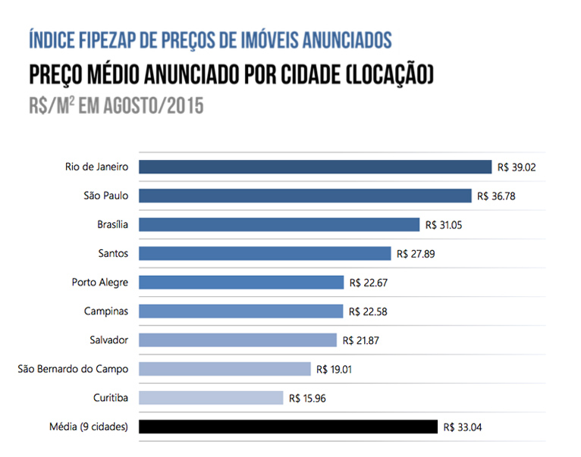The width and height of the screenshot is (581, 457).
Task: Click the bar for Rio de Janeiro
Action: point(315,167)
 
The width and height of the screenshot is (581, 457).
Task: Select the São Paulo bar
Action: point(304,196)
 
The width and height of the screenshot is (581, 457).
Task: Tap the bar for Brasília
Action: point(278,224)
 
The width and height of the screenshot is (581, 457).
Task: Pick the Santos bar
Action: point(264,253)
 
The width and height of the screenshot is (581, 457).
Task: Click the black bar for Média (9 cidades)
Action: point(287,427)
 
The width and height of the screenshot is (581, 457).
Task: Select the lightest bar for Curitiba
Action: point(210,398)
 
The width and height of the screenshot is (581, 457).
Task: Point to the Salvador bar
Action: point(237,340)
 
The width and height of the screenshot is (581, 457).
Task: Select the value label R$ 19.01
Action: point(338,369)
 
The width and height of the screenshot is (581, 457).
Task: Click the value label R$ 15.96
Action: point(309,398)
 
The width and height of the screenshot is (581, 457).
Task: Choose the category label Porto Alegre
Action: point(100,282)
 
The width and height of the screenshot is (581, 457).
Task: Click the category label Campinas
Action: point(106,311)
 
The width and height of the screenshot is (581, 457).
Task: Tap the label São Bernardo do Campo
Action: point(73,369)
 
